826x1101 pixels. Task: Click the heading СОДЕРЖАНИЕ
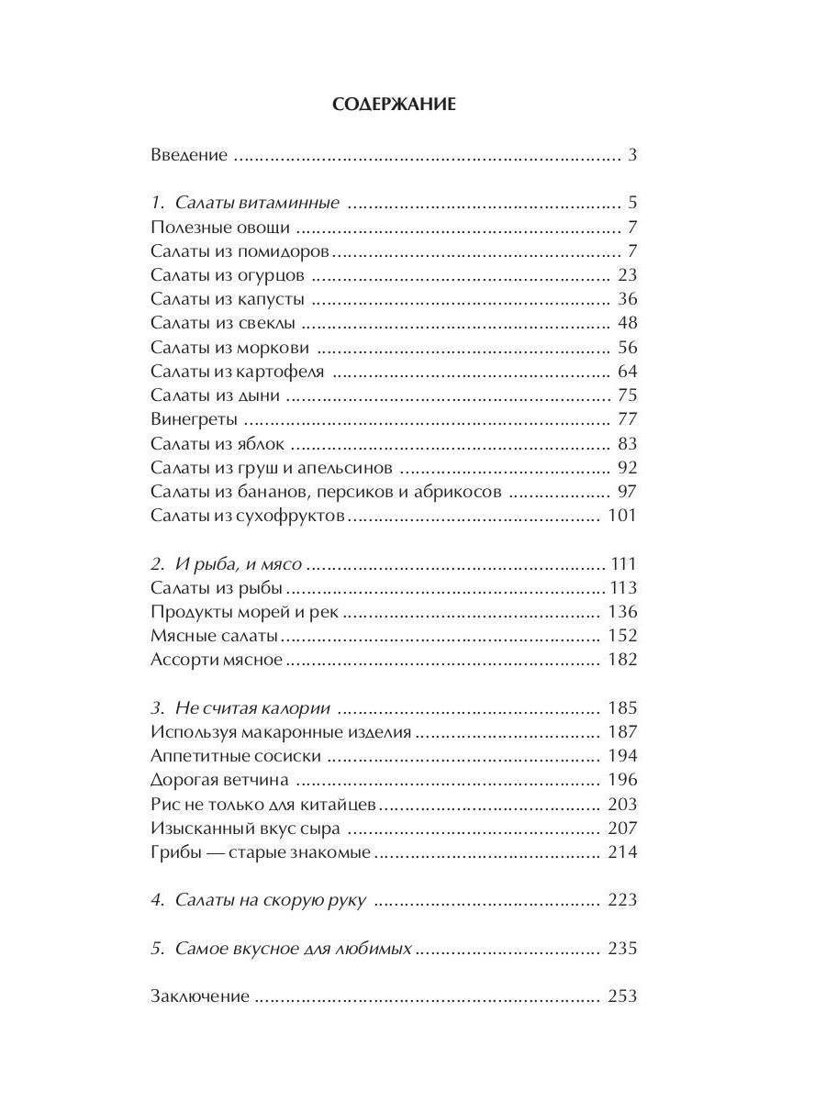(394, 105)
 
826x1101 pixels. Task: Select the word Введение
(188, 155)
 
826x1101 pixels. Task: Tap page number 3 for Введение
(632, 155)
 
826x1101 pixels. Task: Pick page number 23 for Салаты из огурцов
(628, 275)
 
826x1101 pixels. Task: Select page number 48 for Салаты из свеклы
(628, 323)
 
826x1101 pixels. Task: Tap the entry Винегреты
(194, 419)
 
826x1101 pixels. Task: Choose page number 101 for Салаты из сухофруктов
(622, 516)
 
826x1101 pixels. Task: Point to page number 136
(622, 612)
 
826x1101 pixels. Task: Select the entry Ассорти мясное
(216, 660)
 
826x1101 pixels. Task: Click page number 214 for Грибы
(622, 852)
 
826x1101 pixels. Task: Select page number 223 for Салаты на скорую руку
(622, 900)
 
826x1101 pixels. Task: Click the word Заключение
(199, 996)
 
